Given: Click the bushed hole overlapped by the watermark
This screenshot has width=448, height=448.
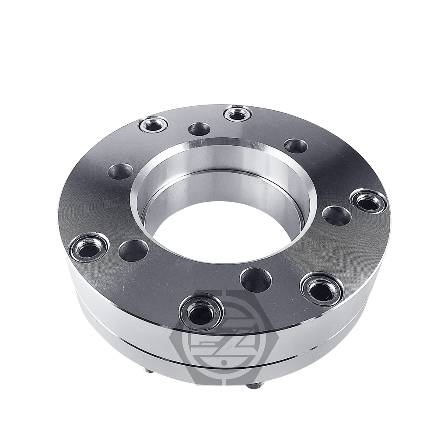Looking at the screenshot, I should pos(201,311).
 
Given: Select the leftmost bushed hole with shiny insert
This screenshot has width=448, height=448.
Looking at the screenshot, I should pos(89,247).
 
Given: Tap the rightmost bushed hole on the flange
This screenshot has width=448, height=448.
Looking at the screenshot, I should pos(368,201).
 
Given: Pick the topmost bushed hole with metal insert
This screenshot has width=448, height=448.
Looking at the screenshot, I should pos(237,114).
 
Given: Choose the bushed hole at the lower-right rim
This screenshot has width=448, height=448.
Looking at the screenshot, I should pos(321,288).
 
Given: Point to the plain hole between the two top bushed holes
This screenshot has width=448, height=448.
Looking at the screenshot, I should pos(199,129).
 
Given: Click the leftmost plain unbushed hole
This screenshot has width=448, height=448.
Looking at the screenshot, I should pos(120,171).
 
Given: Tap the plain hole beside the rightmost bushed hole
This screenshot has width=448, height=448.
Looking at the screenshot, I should pos(336,216).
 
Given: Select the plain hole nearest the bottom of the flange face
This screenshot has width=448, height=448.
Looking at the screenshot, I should pos(256,280).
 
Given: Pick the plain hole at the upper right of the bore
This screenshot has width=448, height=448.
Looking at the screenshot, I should pos(296,146).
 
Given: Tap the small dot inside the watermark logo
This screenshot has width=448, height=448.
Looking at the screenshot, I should pos(224,362).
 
